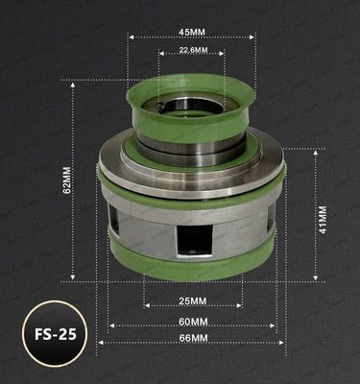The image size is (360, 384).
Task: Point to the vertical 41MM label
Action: [x=323, y=219]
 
